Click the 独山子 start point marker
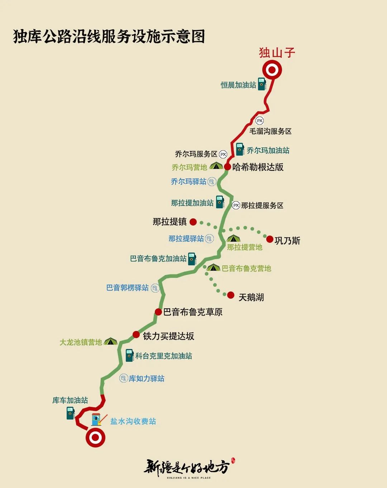pyautogui.click(x=272, y=70)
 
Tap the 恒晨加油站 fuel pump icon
pyautogui.click(x=262, y=84)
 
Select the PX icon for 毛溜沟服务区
pyautogui.click(x=259, y=121)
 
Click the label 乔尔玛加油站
pyautogui.click(x=268, y=151)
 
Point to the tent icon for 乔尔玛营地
pyautogui.click(x=216, y=166)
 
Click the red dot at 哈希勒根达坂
pyautogui.click(x=228, y=167)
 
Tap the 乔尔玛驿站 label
pyautogui.click(x=188, y=182)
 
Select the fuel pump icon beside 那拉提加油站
pyautogui.click(x=220, y=202)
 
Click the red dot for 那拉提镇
pyautogui.click(x=193, y=222)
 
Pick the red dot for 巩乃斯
pyautogui.click(x=270, y=239)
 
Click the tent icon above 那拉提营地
pyautogui.click(x=233, y=238)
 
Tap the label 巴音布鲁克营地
pyautogui.click(x=247, y=269)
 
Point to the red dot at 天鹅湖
pyautogui.click(x=231, y=295)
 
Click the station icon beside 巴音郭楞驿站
pyautogui.click(x=155, y=288)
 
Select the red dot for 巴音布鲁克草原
pyautogui.click(x=158, y=312)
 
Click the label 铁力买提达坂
pyautogui.click(x=168, y=336)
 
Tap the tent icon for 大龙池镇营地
pyautogui.click(x=110, y=342)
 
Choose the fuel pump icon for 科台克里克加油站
pyautogui.click(x=129, y=355)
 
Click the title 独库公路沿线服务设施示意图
pyautogui.click(x=109, y=37)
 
